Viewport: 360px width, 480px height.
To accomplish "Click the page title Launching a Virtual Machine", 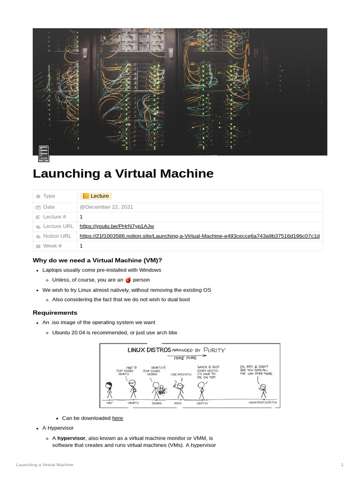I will pyautogui.click(x=123, y=173).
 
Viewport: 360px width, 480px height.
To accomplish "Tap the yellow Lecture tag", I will pyautogui.click(x=96, y=196).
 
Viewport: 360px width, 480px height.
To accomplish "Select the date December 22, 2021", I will pyautogui.click(x=106, y=207).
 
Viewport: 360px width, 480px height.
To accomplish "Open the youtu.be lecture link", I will pyautogui.click(x=117, y=226).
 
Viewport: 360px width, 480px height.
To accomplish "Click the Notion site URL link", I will pyautogui.click(x=200, y=236).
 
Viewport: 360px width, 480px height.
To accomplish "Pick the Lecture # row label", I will pyautogui.click(x=54, y=217).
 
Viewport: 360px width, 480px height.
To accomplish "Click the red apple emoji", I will pyautogui.click(x=128, y=280).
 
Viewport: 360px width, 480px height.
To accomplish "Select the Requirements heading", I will pyautogui.click(x=55, y=313).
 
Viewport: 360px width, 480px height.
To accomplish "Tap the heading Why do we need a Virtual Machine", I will pyautogui.click(x=97, y=260).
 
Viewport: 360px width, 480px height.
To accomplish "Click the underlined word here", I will pyautogui.click(x=118, y=418).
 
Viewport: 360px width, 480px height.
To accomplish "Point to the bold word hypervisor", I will pyautogui.click(x=71, y=438).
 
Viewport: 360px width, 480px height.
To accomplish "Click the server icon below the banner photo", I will pyautogui.click(x=44, y=153).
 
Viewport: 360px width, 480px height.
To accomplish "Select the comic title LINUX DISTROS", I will pyautogui.click(x=149, y=350).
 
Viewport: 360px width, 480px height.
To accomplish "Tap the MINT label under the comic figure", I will pyautogui.click(x=110, y=403).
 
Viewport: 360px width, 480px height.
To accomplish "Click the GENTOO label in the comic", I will pyautogui.click(x=202, y=403).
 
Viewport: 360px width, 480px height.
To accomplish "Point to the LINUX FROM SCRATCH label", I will pyautogui.click(x=262, y=402).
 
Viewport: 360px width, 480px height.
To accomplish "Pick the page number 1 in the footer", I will pyautogui.click(x=342, y=465).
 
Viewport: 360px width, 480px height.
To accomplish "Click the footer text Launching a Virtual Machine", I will pyautogui.click(x=45, y=465).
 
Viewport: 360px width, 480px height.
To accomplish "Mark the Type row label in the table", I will pyautogui.click(x=49, y=196).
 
